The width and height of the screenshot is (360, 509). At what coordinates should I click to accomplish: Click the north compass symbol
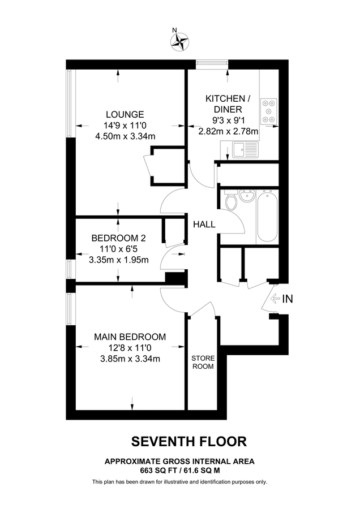[180, 40]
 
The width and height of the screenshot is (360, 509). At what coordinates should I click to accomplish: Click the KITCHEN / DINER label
[225, 103]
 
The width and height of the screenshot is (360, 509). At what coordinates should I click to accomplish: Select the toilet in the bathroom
[231, 202]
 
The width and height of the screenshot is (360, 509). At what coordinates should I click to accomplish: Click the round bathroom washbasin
[247, 196]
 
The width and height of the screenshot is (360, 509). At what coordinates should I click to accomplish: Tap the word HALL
[204, 225]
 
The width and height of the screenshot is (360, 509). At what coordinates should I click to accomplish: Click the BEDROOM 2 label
[119, 238]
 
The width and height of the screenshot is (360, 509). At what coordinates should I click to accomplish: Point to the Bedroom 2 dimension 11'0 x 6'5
[119, 249]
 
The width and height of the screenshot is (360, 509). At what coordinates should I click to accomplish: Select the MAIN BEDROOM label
[130, 337]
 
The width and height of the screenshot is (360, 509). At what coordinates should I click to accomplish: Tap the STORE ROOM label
[202, 362]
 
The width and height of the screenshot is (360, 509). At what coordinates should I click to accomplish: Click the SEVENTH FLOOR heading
[189, 441]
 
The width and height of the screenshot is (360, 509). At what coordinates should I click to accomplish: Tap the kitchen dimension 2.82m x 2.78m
[228, 131]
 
